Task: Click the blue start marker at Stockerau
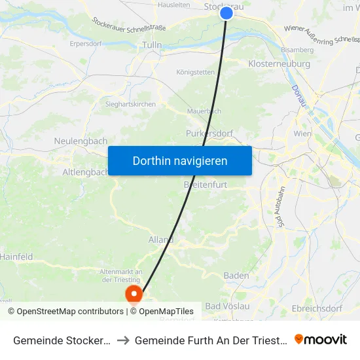click(x=226, y=12)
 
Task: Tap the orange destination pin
click(x=134, y=294)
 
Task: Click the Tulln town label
click(x=152, y=45)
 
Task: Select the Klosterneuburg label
click(x=279, y=64)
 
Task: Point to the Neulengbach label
click(x=81, y=141)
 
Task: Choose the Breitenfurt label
click(x=206, y=185)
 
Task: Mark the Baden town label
click(x=236, y=276)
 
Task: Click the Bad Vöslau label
click(x=228, y=306)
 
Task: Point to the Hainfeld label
click(x=17, y=257)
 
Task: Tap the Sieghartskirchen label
click(x=130, y=104)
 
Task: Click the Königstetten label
click(x=195, y=72)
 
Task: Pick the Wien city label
click(x=302, y=134)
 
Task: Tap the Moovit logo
click(x=320, y=339)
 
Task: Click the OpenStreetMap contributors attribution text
click(x=65, y=312)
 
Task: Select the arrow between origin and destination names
click(x=122, y=340)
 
